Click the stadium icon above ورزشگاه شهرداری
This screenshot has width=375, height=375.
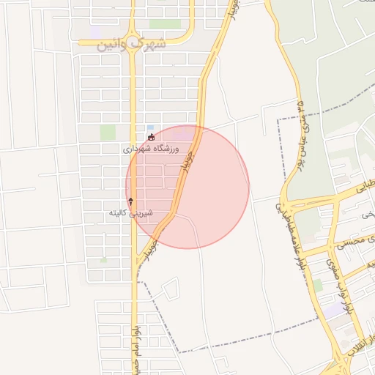pyautogui.click(x=152, y=137)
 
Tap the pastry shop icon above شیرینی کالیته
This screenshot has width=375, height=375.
pyautogui.click(x=131, y=201)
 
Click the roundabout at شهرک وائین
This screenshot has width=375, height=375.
pyautogui.click(x=132, y=42)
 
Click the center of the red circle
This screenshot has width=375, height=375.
pyautogui.click(x=187, y=187)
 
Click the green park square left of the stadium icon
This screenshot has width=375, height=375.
pyautogui.click(x=108, y=133)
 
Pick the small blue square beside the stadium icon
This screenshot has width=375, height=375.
pyautogui.click(x=150, y=127)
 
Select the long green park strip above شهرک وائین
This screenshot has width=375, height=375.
pyautogui.click(x=165, y=24)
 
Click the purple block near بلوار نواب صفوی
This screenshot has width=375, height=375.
pyautogui.click(x=333, y=311)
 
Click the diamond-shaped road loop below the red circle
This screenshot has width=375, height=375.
pyautogui.click(x=170, y=289)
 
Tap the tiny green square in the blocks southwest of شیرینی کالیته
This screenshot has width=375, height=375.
pyautogui.click(x=103, y=259)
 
